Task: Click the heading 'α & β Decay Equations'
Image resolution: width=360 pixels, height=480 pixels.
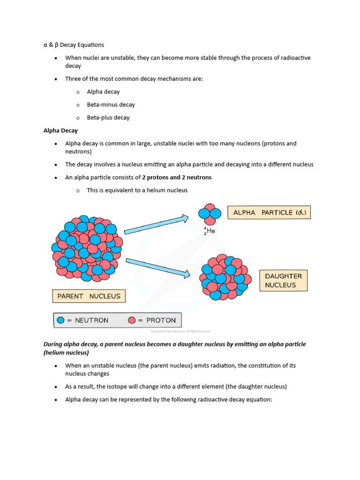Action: (x=74, y=45)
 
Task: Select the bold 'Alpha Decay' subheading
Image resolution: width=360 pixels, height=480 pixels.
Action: (x=60, y=130)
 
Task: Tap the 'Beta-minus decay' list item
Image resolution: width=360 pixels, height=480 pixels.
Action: (x=111, y=105)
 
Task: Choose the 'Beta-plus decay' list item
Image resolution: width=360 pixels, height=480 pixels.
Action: (x=108, y=118)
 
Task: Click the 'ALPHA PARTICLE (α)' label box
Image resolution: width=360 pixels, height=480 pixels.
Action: (x=269, y=212)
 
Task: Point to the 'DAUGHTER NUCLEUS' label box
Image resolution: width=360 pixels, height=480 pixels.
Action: (x=283, y=280)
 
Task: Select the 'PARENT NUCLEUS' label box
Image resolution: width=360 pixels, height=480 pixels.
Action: (x=89, y=296)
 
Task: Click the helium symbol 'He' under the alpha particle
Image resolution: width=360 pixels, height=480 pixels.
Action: (x=211, y=231)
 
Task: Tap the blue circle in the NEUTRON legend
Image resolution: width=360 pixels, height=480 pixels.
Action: (x=60, y=320)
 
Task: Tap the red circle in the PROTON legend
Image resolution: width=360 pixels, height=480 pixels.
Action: (x=132, y=320)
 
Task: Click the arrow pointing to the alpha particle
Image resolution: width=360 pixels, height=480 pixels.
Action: (x=156, y=225)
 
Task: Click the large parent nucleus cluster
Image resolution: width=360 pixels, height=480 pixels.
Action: (x=87, y=248)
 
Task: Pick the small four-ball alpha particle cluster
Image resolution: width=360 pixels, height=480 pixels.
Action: (x=210, y=214)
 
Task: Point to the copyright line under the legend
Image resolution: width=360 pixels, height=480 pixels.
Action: (x=180, y=331)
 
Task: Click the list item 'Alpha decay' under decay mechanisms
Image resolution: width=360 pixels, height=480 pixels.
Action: (x=103, y=92)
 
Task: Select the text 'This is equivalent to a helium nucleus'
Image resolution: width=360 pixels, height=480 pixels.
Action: (x=137, y=190)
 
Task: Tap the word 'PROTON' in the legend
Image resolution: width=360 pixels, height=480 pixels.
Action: (x=161, y=320)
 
